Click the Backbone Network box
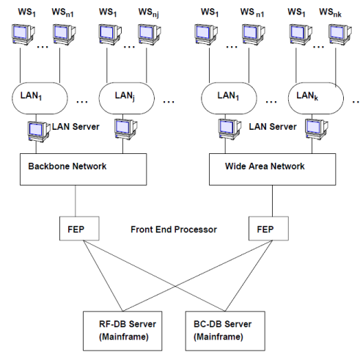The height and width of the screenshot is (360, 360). coord(84,169)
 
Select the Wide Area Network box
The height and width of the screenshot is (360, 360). coord(272,169)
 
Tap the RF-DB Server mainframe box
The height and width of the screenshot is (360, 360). coord(122,331)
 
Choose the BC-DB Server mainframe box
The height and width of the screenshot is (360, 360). coord(225,331)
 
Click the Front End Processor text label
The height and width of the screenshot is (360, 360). coord(174,229)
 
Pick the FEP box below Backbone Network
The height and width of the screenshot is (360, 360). coord(79,228)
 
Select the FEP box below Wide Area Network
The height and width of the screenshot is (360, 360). coord(268,228)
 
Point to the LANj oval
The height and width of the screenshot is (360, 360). coord(127,98)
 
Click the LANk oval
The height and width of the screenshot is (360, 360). coord(316,98)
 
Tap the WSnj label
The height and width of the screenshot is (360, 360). coord(149,12)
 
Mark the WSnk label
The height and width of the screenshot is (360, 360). coord(330,12)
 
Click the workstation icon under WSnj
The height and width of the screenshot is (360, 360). coord(150,34)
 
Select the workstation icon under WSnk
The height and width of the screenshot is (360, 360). coord(340,34)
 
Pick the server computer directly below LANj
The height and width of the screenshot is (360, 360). coord(126,129)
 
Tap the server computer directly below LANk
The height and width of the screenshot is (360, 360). coord(317,129)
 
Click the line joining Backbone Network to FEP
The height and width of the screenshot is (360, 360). coord(76,201)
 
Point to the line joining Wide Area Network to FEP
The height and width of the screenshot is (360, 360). coord(272,201)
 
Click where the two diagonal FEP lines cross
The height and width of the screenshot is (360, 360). coord(175,286)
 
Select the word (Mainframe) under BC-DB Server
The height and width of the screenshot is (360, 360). coord(218,337)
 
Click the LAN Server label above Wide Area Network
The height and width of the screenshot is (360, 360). coord(273,127)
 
